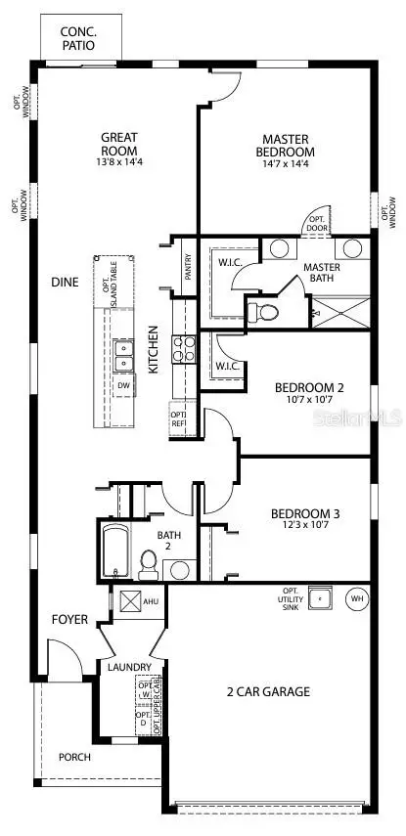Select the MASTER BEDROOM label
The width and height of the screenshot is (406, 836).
coord(287,145)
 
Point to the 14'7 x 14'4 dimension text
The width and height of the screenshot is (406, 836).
coord(287,165)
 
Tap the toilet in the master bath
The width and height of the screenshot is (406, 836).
coord(264,312)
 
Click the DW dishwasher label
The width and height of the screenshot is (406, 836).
coord(123,385)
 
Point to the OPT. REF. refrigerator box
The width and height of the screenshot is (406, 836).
coord(179,418)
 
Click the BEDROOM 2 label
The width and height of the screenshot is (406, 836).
coord(304,385)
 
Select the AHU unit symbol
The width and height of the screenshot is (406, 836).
coord(131,601)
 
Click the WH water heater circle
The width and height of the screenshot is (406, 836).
coord(356,597)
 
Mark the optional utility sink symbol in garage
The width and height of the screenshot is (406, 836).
coord(318,597)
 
